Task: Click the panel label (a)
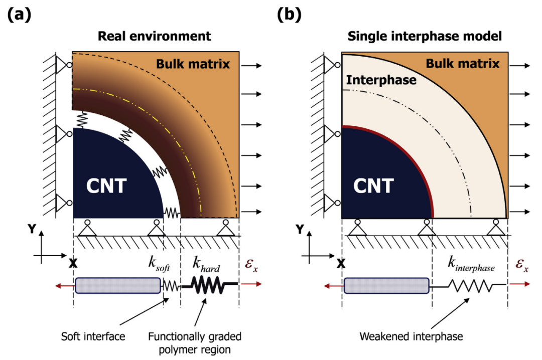pyautogui.click(x=19, y=15)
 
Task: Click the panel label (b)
pyautogui.click(x=289, y=15)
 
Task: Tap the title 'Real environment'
pyautogui.click(x=154, y=36)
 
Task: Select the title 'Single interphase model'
pyautogui.click(x=425, y=36)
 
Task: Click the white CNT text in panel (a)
pyautogui.click(x=106, y=186)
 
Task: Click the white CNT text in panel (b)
pyautogui.click(x=373, y=186)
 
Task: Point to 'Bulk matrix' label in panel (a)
pyautogui.click(x=193, y=64)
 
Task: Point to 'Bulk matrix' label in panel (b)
pyautogui.click(x=463, y=64)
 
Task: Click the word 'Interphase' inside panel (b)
pyautogui.click(x=381, y=80)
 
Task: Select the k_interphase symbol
pyautogui.click(x=471, y=264)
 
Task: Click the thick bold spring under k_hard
pyautogui.click(x=210, y=284)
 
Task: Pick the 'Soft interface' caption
pyautogui.click(x=93, y=336)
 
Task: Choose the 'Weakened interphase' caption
pyautogui.click(x=411, y=336)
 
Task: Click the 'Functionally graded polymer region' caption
pyautogui.click(x=195, y=343)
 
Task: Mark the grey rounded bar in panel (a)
pyautogui.click(x=118, y=285)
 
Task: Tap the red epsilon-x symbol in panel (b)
pyautogui.click(x=521, y=265)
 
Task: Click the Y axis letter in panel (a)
pyautogui.click(x=32, y=229)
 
